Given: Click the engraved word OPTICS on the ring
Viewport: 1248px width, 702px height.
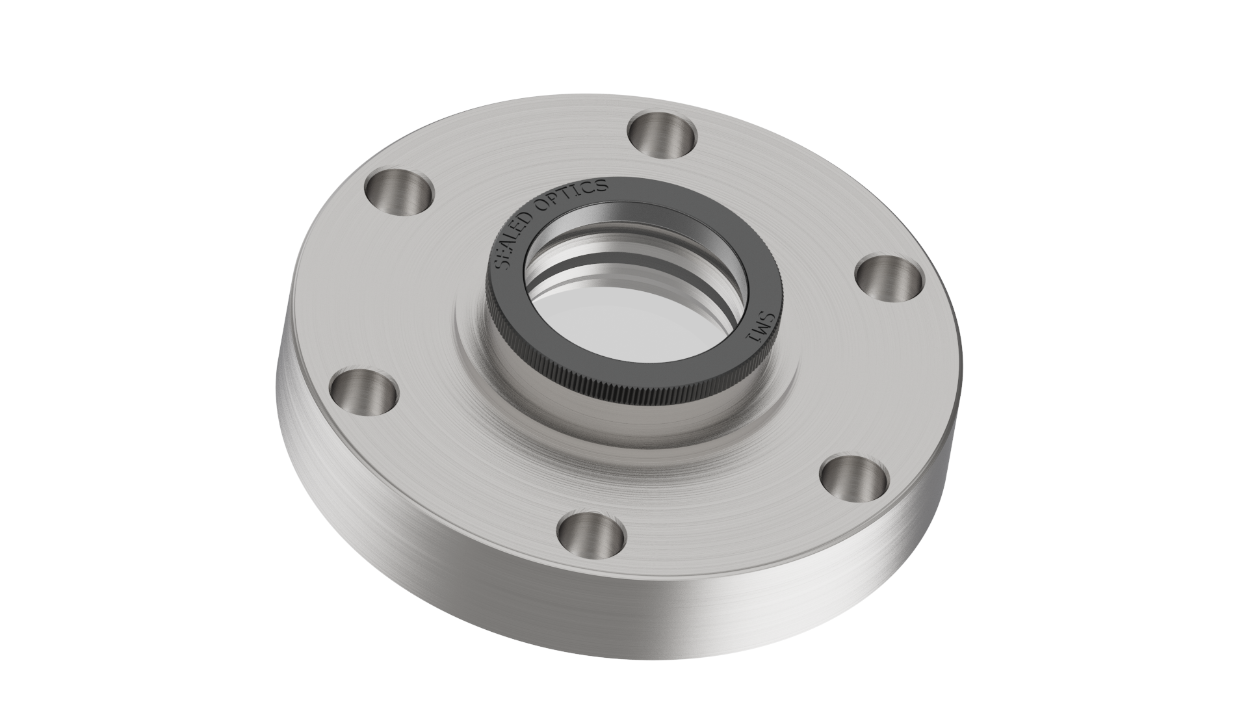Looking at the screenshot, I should tap(575, 193).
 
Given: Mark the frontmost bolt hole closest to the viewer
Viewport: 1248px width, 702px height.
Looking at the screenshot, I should tap(591, 538).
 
